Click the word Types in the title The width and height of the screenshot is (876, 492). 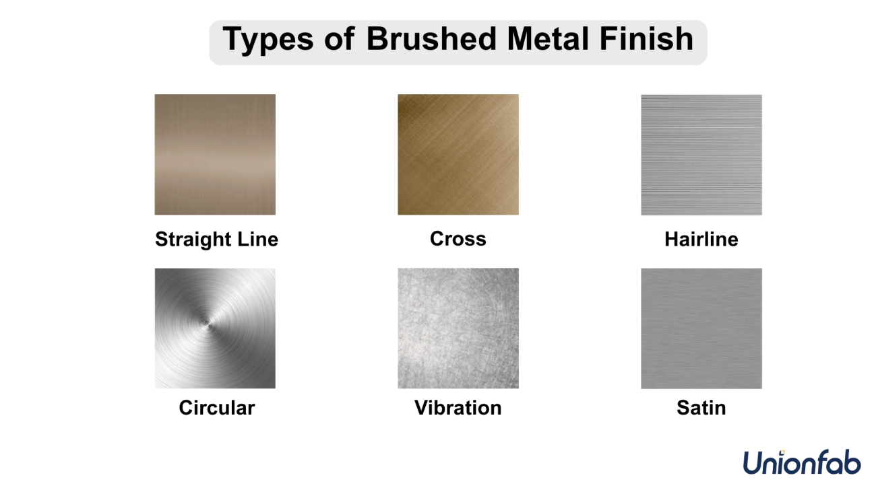pyautogui.click(x=268, y=40)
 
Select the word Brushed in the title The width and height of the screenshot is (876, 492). pyautogui.click(x=431, y=38)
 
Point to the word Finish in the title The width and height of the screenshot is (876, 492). pyautogui.click(x=646, y=38)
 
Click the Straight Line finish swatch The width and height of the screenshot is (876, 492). pyautogui.click(x=215, y=155)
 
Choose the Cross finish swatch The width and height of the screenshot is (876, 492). pyautogui.click(x=458, y=155)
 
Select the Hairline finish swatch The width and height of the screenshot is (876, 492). pyautogui.click(x=701, y=155)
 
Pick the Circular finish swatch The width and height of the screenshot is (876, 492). pyautogui.click(x=215, y=328)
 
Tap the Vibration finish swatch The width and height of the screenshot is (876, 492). pyautogui.click(x=458, y=328)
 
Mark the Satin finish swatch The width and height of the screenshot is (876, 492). pyautogui.click(x=701, y=328)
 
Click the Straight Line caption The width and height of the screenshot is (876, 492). pyautogui.click(x=217, y=240)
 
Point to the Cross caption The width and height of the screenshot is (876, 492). pyautogui.click(x=458, y=238)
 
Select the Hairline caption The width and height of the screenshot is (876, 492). pyautogui.click(x=701, y=239)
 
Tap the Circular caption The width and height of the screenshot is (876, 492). pyautogui.click(x=217, y=408)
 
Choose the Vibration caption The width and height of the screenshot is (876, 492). pyautogui.click(x=458, y=408)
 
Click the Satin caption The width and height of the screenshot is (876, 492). pyautogui.click(x=701, y=408)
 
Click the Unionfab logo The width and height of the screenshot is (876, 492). pyautogui.click(x=802, y=462)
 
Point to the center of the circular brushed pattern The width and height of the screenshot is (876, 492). pyautogui.click(x=206, y=323)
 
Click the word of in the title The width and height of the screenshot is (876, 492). pyautogui.click(x=340, y=38)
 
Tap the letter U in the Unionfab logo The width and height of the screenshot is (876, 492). pyautogui.click(x=753, y=463)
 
